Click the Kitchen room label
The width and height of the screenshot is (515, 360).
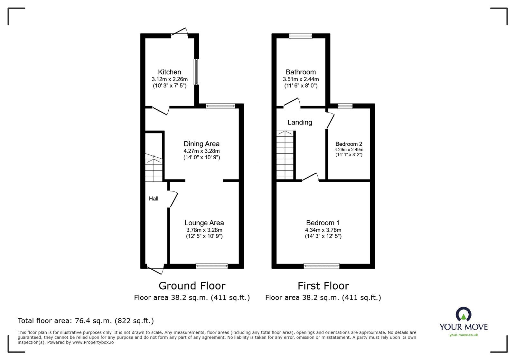(x=169, y=72)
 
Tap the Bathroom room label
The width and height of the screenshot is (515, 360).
(x=301, y=72)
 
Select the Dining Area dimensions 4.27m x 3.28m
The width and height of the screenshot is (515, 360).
(x=201, y=151)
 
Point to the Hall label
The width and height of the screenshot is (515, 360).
(x=154, y=199)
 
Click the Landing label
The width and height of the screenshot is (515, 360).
(x=300, y=122)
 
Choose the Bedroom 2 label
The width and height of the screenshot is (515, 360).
(x=349, y=144)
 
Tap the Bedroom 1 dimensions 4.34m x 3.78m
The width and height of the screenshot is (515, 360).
(x=323, y=230)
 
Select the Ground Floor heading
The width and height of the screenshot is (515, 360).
(x=192, y=286)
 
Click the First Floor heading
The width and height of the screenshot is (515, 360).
(x=323, y=286)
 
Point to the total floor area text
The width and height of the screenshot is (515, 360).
(x=86, y=321)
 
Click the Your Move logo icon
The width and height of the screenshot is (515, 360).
(x=464, y=314)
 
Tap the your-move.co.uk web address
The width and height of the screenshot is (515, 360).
(x=464, y=335)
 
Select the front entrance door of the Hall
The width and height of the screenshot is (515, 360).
(x=155, y=269)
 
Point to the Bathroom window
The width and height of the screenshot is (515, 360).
(x=301, y=36)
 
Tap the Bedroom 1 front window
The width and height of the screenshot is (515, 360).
(x=322, y=266)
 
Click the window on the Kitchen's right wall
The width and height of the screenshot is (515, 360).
(x=196, y=71)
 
